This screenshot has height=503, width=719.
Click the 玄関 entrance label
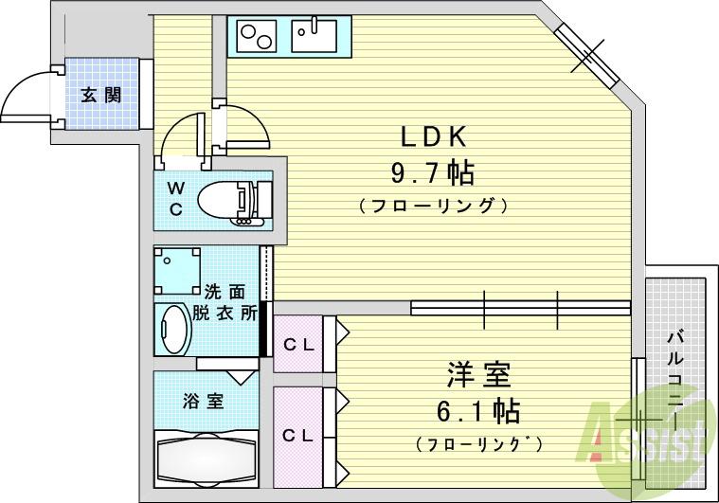99,95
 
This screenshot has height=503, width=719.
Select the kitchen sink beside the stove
314,37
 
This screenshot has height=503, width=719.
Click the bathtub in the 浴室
205,461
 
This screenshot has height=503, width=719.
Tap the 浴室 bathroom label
203,401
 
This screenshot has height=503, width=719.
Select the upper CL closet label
299,344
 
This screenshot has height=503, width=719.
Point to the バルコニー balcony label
674,379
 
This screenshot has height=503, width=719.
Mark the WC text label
177,199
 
